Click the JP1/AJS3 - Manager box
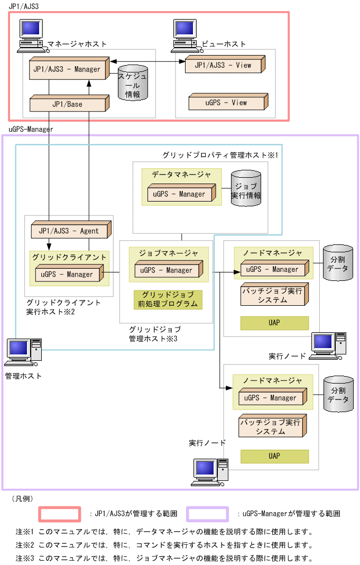pyautogui.click(x=68, y=69)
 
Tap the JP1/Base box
pyautogui.click(x=68, y=104)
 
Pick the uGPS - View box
pyautogui.click(x=226, y=103)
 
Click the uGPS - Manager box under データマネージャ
pyautogui.click(x=179, y=194)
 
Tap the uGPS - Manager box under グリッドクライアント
pyautogui.click(x=67, y=275)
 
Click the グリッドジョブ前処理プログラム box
pyautogui.click(x=168, y=299)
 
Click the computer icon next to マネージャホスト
pyautogui.click(x=31, y=35)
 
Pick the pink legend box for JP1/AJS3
pyautogui.click(x=60, y=514)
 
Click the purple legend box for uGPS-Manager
pyautogui.click(x=207, y=514)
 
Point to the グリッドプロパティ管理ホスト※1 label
pyautogui.click(x=220, y=156)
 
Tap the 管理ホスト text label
pyautogui.click(x=22, y=376)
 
